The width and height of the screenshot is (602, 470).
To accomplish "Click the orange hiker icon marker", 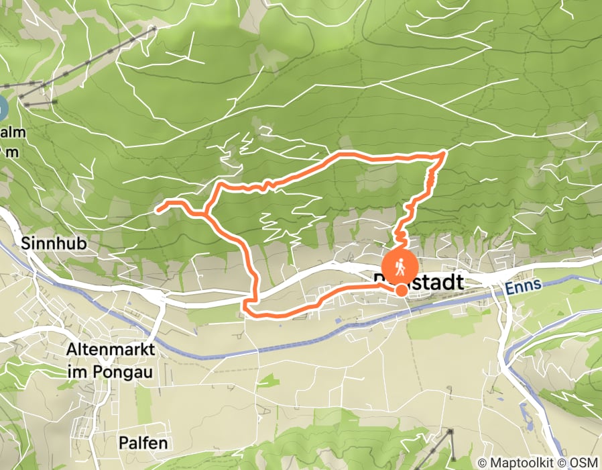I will (399, 267).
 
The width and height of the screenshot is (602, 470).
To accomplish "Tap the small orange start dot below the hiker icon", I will (401, 290).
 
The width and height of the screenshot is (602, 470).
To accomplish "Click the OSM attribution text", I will (583, 463).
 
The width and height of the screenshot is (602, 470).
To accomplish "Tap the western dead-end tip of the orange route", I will (158, 210).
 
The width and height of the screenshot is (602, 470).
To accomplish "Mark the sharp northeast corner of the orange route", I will (444, 154).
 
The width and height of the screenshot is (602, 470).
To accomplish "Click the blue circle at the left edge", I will (1, 108).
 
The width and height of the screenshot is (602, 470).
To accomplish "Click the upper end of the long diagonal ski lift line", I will (154, 29).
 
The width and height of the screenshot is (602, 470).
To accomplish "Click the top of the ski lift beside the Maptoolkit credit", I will (450, 430).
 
